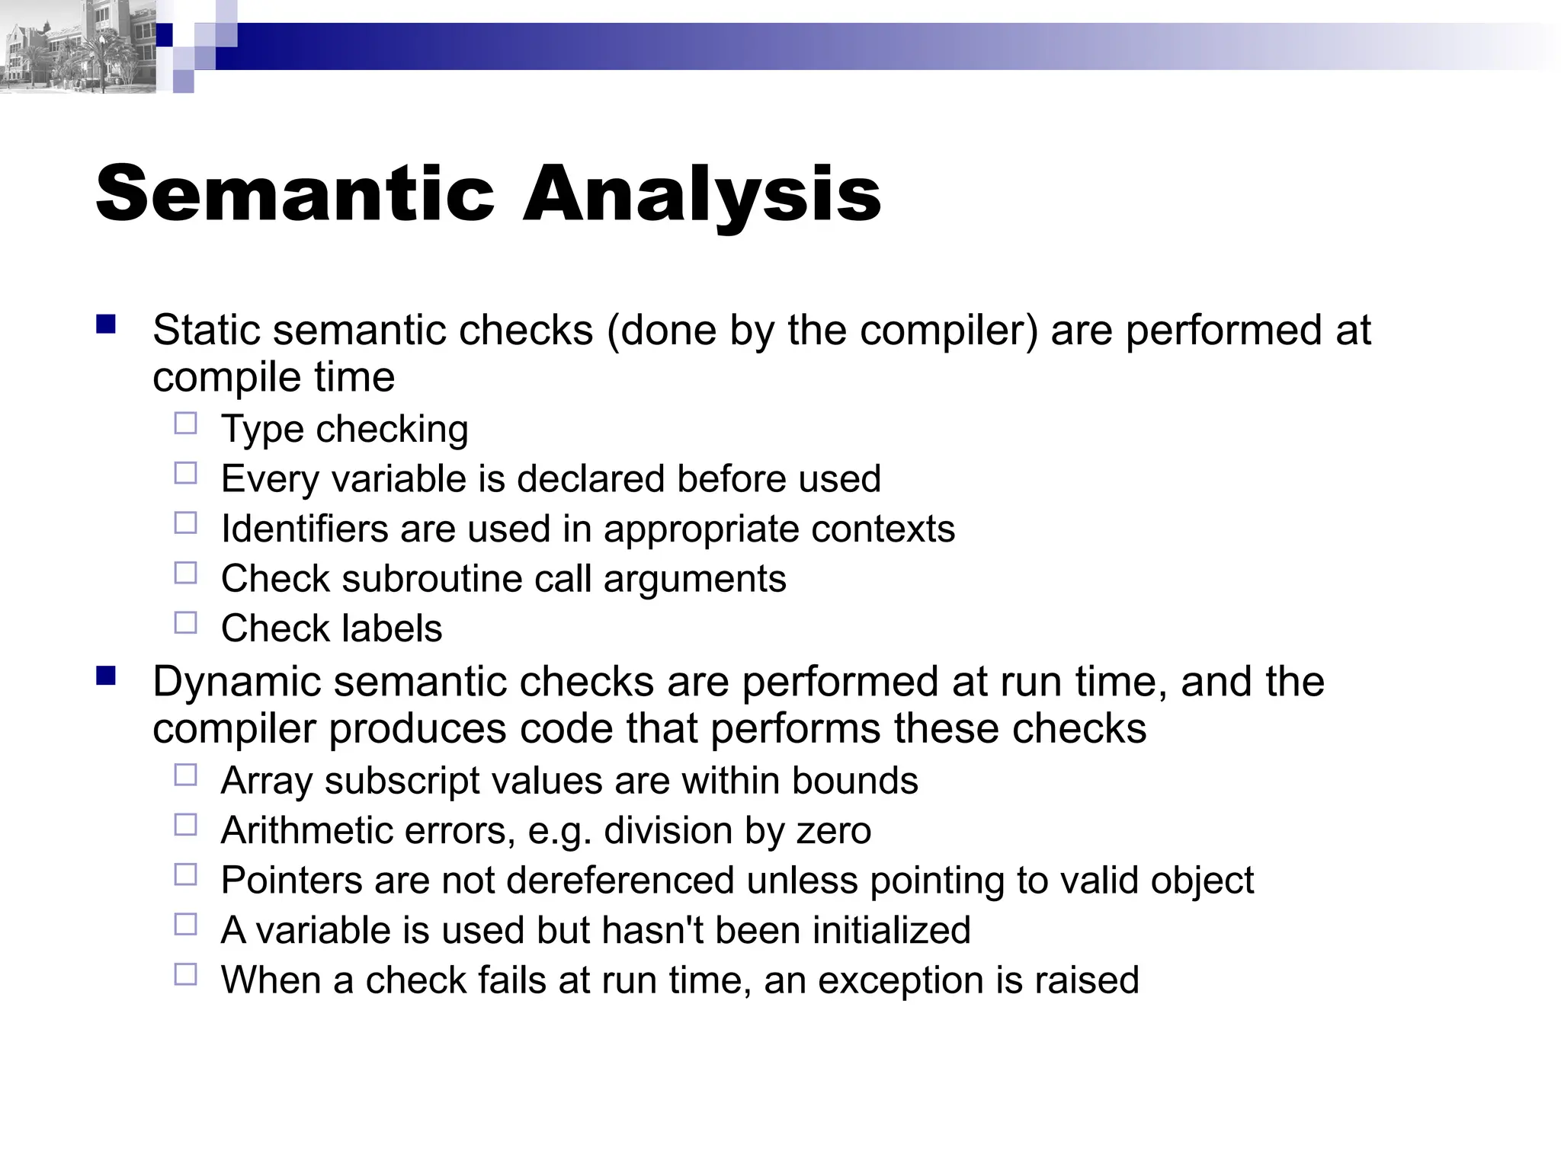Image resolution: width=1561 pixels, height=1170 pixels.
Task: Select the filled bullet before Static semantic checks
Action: pyautogui.click(x=106, y=325)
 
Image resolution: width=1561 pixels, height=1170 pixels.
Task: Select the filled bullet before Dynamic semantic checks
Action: pyautogui.click(x=106, y=676)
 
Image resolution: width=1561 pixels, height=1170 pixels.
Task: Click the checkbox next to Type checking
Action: pyautogui.click(x=185, y=424)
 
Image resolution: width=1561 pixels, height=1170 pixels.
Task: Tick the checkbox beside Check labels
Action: pyautogui.click(x=185, y=623)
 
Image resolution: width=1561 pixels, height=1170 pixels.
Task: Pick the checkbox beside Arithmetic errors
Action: pyautogui.click(x=185, y=825)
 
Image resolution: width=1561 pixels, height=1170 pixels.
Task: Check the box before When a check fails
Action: pyautogui.click(x=185, y=974)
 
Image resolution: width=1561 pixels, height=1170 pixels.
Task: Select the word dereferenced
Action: pyautogui.click(x=620, y=881)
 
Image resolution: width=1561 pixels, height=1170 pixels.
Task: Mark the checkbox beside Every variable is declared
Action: pyautogui.click(x=185, y=474)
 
